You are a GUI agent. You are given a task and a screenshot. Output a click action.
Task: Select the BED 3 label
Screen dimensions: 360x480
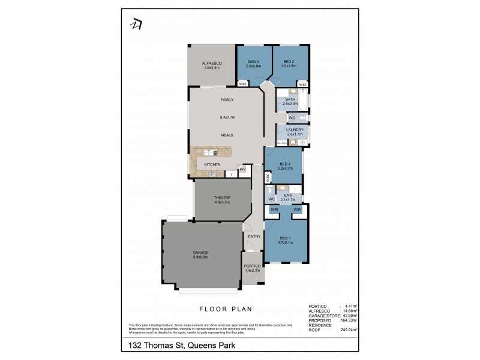[x=253, y=61]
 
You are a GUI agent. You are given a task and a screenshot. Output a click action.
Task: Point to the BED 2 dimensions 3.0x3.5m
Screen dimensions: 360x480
[x=289, y=66]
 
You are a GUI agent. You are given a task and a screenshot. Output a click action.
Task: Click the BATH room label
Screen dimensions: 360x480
[x=290, y=99]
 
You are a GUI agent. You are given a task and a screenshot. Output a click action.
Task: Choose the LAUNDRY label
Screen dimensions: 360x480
[x=294, y=129]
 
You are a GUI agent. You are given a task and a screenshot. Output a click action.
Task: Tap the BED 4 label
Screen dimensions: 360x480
[x=284, y=164]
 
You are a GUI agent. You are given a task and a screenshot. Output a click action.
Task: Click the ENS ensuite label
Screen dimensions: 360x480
[x=288, y=194]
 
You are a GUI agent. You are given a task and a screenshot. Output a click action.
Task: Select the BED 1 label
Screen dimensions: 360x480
[x=285, y=238]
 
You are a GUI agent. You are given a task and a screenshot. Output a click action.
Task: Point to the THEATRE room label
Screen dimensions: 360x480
[x=222, y=197]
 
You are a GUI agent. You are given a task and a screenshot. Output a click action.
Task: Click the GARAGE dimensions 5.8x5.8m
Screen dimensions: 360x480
[x=200, y=257]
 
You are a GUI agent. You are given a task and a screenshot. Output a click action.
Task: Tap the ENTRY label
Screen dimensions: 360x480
[x=254, y=236]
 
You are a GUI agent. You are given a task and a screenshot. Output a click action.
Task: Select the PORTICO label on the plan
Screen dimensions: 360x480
[x=252, y=266]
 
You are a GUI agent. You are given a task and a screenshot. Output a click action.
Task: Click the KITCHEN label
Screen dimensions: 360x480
[x=212, y=164]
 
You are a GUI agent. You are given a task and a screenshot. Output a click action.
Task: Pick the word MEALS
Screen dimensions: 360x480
[x=226, y=136]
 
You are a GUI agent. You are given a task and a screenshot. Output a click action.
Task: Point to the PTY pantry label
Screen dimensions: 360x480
[x=242, y=169]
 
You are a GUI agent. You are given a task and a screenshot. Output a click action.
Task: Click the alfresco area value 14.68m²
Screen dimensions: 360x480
[x=349, y=310]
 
